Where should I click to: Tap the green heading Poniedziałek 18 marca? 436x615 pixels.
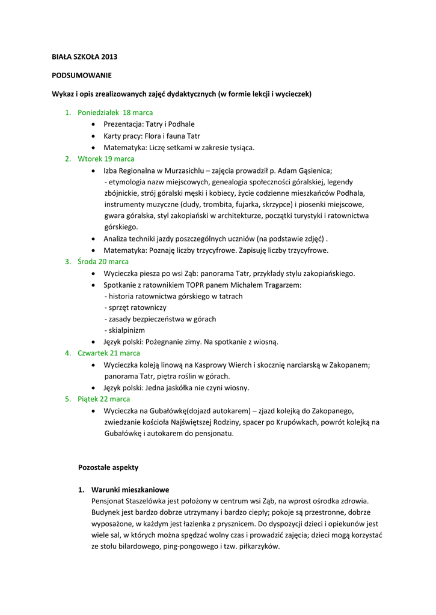pos(115,112)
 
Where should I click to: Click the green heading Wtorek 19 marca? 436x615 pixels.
pos(106,159)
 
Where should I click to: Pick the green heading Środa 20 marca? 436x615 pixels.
pos(103,261)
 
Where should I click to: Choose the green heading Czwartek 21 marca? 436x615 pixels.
pos(109,353)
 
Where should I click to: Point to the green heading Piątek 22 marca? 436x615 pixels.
pos(103,399)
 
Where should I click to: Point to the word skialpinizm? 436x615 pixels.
pos(126,330)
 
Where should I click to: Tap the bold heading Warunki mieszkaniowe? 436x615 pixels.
pos(130,489)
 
